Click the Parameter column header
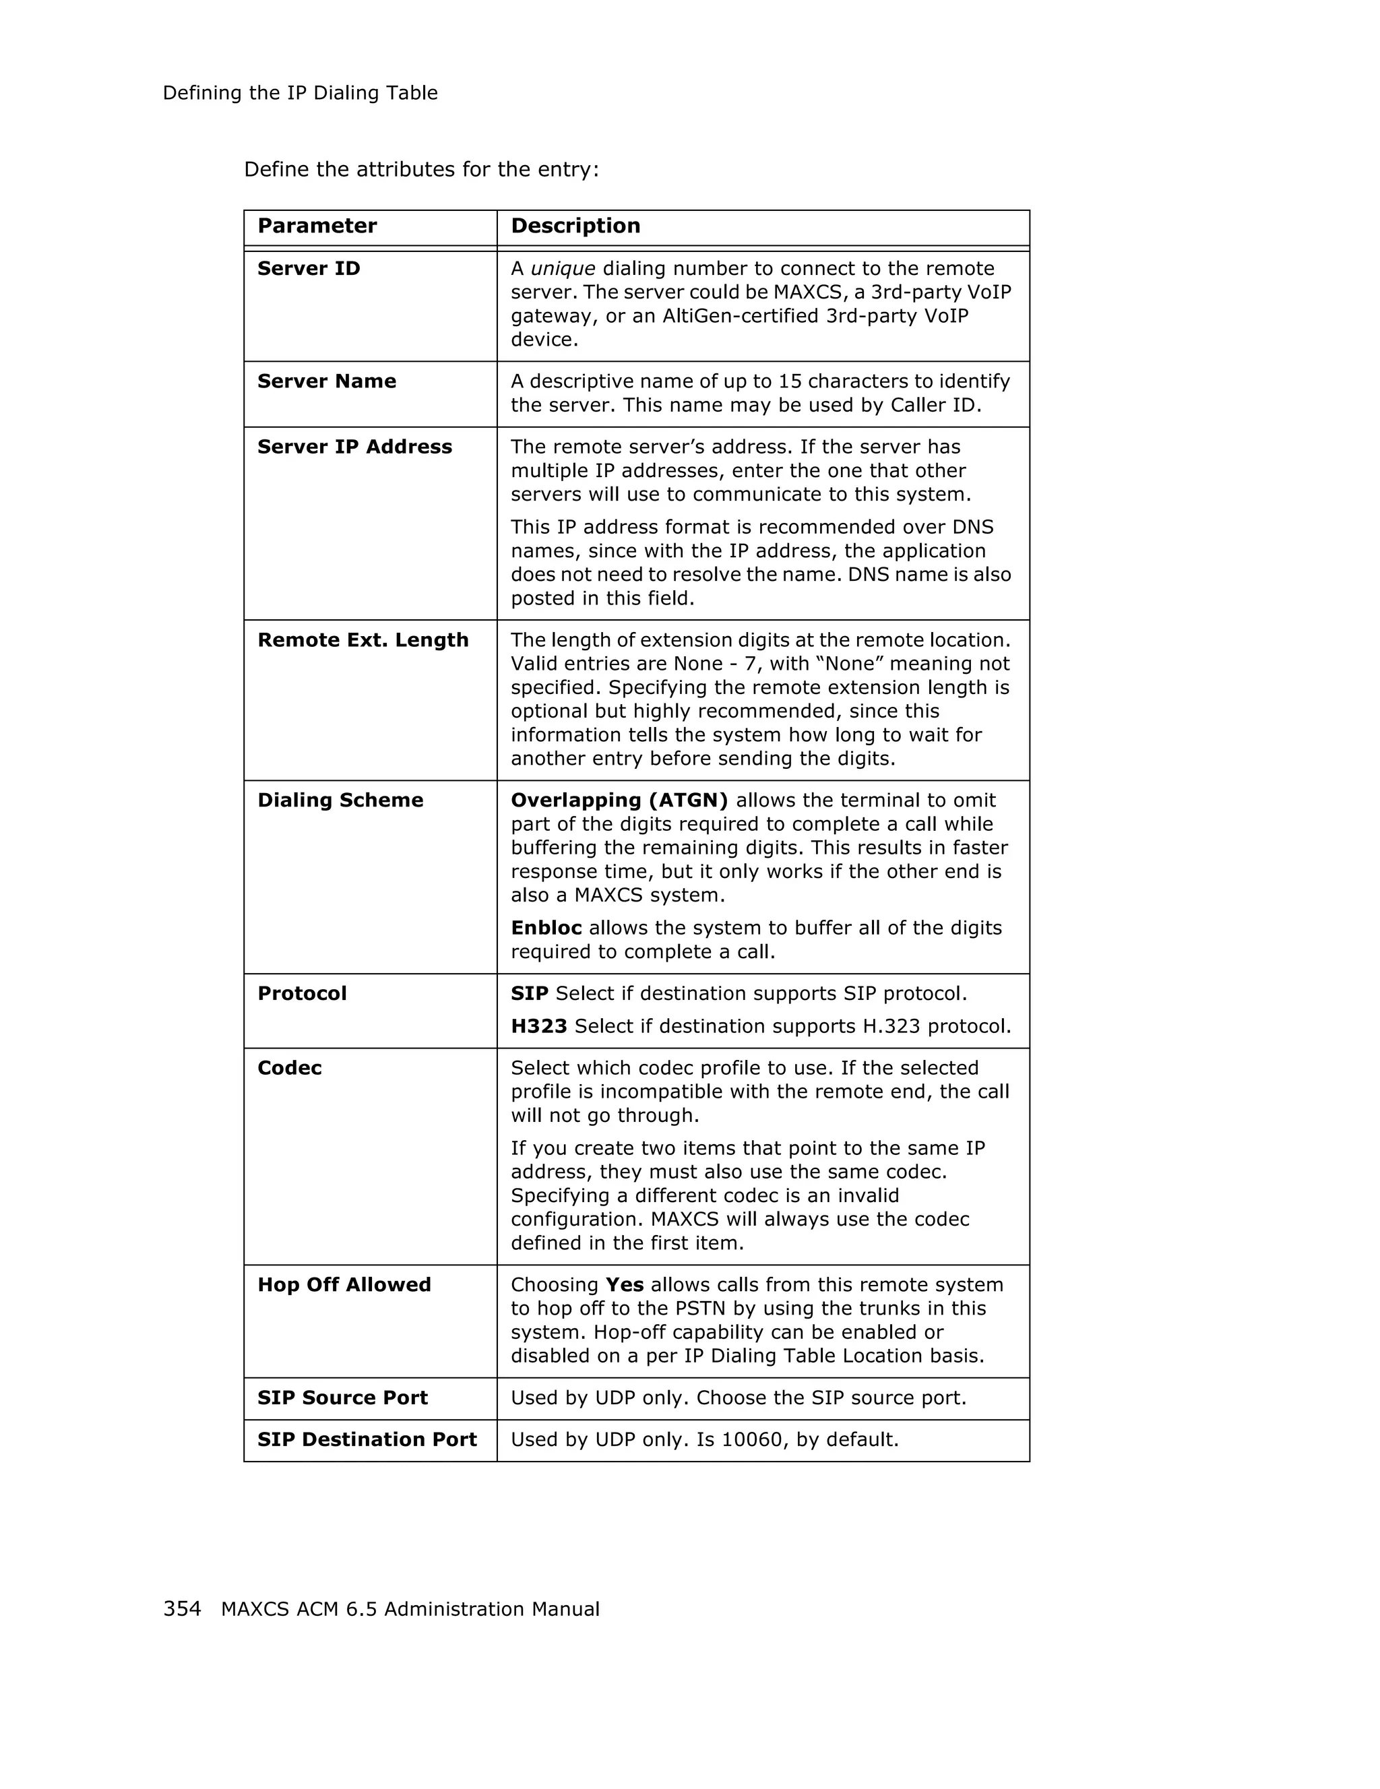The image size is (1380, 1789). [x=317, y=226]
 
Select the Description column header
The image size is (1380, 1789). [x=575, y=226]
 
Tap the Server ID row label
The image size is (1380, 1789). [x=309, y=269]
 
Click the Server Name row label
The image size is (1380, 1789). [x=326, y=381]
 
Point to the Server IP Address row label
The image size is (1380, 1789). [x=354, y=447]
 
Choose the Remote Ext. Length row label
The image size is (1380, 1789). [x=363, y=639]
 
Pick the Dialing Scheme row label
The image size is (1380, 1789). [x=340, y=801]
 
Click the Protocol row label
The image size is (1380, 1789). [x=302, y=994]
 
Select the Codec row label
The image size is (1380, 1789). [x=289, y=1068]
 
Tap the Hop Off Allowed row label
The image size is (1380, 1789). [x=344, y=1284]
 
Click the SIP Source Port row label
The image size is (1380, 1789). [x=342, y=1398]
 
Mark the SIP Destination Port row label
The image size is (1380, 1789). [x=367, y=1439]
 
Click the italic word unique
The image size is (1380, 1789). [x=563, y=269]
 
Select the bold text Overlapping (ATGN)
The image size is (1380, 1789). [x=619, y=801]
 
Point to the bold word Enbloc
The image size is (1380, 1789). [x=546, y=928]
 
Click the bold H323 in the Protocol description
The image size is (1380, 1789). [x=539, y=1026]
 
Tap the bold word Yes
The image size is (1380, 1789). [x=624, y=1284]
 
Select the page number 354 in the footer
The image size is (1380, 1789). [x=182, y=1609]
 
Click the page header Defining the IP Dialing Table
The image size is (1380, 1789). [x=300, y=94]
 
